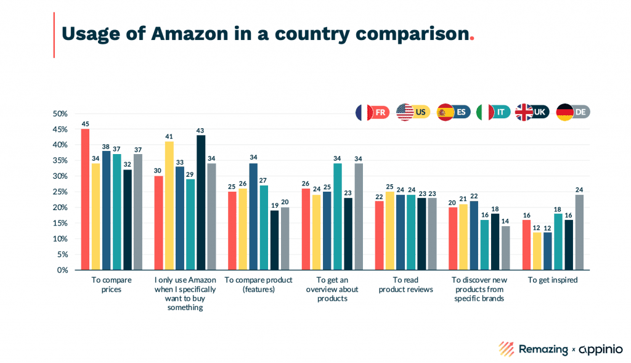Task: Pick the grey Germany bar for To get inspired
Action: (579, 232)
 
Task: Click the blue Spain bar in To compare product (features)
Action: (253, 216)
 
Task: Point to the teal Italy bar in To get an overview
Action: (338, 216)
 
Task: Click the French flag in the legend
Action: (364, 112)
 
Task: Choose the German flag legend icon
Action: (565, 112)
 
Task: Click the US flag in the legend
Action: (405, 112)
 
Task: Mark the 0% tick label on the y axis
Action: (61, 270)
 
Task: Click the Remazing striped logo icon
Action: (507, 349)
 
